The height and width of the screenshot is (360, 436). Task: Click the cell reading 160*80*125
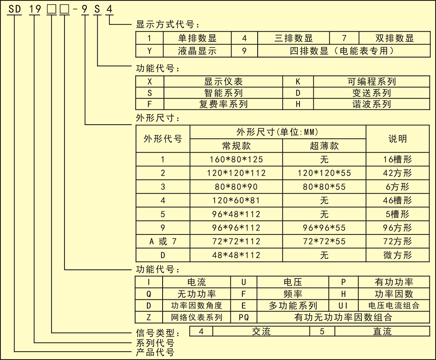point(236,159)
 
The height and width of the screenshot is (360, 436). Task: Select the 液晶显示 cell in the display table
point(197,51)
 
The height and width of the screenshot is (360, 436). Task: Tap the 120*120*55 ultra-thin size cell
point(324,173)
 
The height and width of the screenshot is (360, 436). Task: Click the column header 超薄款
point(324,146)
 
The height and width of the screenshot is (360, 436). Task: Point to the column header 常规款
point(236,146)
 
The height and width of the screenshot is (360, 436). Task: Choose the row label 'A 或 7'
point(163,241)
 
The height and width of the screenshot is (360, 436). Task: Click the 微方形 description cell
point(397,255)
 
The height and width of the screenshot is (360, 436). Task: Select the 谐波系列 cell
point(371,104)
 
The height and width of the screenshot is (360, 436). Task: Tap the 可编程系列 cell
point(371,82)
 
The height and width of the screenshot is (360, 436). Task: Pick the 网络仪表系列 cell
point(197,317)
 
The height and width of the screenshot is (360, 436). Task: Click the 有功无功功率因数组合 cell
point(343,317)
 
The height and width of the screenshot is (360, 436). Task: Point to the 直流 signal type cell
point(382,331)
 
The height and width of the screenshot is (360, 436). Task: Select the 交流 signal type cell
point(261,331)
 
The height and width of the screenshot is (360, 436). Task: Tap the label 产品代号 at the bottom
point(155,352)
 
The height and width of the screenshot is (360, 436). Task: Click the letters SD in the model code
point(14,9)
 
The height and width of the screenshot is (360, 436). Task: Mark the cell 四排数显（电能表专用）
point(344,51)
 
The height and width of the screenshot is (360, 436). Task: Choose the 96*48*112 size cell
point(236,214)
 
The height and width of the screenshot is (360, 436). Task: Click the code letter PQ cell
point(244,317)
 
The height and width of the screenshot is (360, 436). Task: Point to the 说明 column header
point(398,139)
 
